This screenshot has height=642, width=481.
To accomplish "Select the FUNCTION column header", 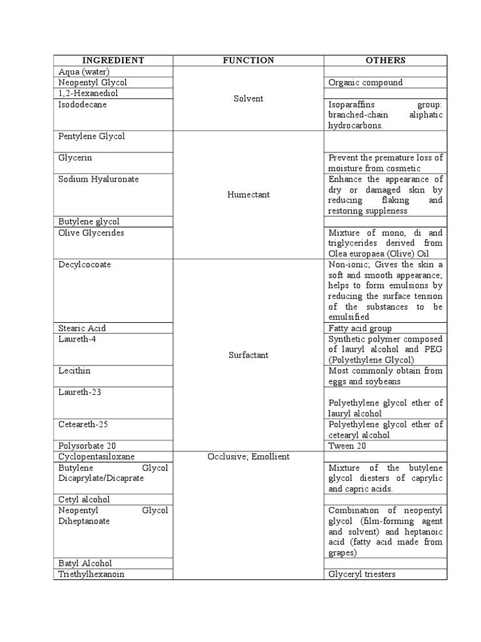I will pyautogui.click(x=249, y=60).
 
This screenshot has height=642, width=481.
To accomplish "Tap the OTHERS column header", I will pyautogui.click(x=385, y=60).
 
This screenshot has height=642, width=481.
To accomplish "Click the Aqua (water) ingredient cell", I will pyautogui.click(x=84, y=71).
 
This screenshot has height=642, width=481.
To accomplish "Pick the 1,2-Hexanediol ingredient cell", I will pyautogui.click(x=88, y=93).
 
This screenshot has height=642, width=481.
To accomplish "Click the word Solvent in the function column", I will pyautogui.click(x=249, y=98).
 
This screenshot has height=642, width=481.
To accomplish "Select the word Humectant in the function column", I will pyautogui.click(x=249, y=194).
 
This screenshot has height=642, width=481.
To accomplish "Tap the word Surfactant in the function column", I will pyautogui.click(x=249, y=355).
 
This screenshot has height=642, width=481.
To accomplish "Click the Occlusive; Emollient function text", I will pyautogui.click(x=249, y=456).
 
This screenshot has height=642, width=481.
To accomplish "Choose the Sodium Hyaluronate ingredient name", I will pyautogui.click(x=98, y=179).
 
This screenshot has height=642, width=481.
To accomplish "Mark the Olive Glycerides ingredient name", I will pyautogui.click(x=91, y=233).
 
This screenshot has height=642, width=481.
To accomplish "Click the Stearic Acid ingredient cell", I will pyautogui.click(x=82, y=328).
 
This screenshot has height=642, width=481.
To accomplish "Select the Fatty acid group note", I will pyautogui.click(x=360, y=328).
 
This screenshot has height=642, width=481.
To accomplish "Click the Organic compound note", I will pyautogui.click(x=365, y=82).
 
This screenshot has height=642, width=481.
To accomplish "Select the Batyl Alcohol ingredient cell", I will pyautogui.click(x=85, y=563).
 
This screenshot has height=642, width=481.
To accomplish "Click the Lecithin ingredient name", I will pyautogui.click(x=74, y=371).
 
